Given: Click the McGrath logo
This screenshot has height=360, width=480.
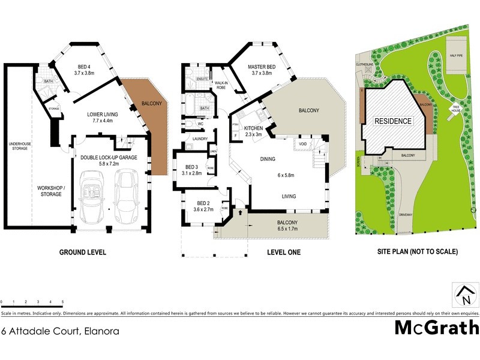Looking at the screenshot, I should click(x=437, y=328).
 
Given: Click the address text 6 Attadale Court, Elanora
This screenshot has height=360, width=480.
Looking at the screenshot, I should click(x=60, y=331).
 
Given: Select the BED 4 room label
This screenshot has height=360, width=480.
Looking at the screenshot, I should click(x=85, y=69).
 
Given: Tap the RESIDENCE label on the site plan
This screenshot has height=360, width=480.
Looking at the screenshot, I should click(x=393, y=121).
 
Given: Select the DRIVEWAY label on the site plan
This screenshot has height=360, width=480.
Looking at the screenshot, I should click(x=407, y=215).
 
